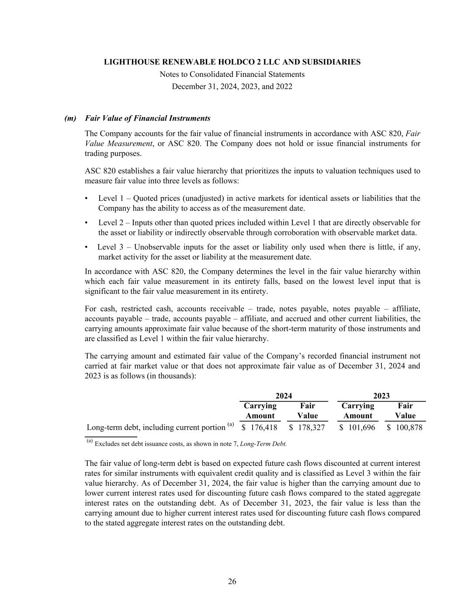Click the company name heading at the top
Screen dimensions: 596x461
point(232,62)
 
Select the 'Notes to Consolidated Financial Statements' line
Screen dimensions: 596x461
point(232,74)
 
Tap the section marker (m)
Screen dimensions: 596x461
point(70,118)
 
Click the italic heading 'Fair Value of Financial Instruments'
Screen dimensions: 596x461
point(148,118)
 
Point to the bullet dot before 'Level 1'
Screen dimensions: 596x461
point(87,199)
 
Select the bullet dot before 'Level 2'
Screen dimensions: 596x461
point(87,223)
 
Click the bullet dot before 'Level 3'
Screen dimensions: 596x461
point(87,248)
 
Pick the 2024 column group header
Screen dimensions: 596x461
point(284,396)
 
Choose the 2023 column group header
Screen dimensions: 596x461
point(381,396)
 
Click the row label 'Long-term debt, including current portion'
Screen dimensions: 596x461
point(156,427)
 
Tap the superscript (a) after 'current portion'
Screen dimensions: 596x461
point(231,424)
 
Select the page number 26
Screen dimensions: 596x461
point(232,581)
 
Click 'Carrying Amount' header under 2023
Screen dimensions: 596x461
point(358,411)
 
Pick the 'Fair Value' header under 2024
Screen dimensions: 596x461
point(308,411)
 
